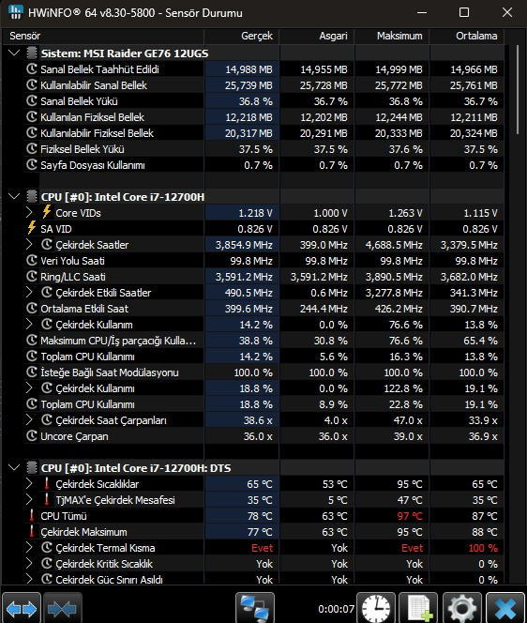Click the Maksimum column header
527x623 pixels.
(399, 37)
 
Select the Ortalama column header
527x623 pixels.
(476, 37)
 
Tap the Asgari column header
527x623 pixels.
(333, 37)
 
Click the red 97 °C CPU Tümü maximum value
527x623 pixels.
(410, 516)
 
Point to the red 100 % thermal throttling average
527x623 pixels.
(483, 548)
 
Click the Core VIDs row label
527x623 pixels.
(78, 213)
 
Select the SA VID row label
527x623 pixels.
(56, 229)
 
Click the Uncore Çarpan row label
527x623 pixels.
(74, 436)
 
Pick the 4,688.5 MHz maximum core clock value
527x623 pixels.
(394, 245)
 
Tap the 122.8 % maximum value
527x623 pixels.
(403, 388)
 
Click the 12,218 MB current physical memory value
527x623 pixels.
(249, 117)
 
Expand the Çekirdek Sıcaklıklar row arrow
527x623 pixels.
(29, 484)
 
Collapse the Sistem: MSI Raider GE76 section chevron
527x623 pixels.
(14, 53)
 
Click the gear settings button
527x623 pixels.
(462, 607)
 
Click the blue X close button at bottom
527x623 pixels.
(505, 607)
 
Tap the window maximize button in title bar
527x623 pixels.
(464, 12)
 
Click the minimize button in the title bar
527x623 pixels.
(422, 13)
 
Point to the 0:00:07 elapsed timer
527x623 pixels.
(336, 609)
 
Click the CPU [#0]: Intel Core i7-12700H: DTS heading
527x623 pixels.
(136, 468)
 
